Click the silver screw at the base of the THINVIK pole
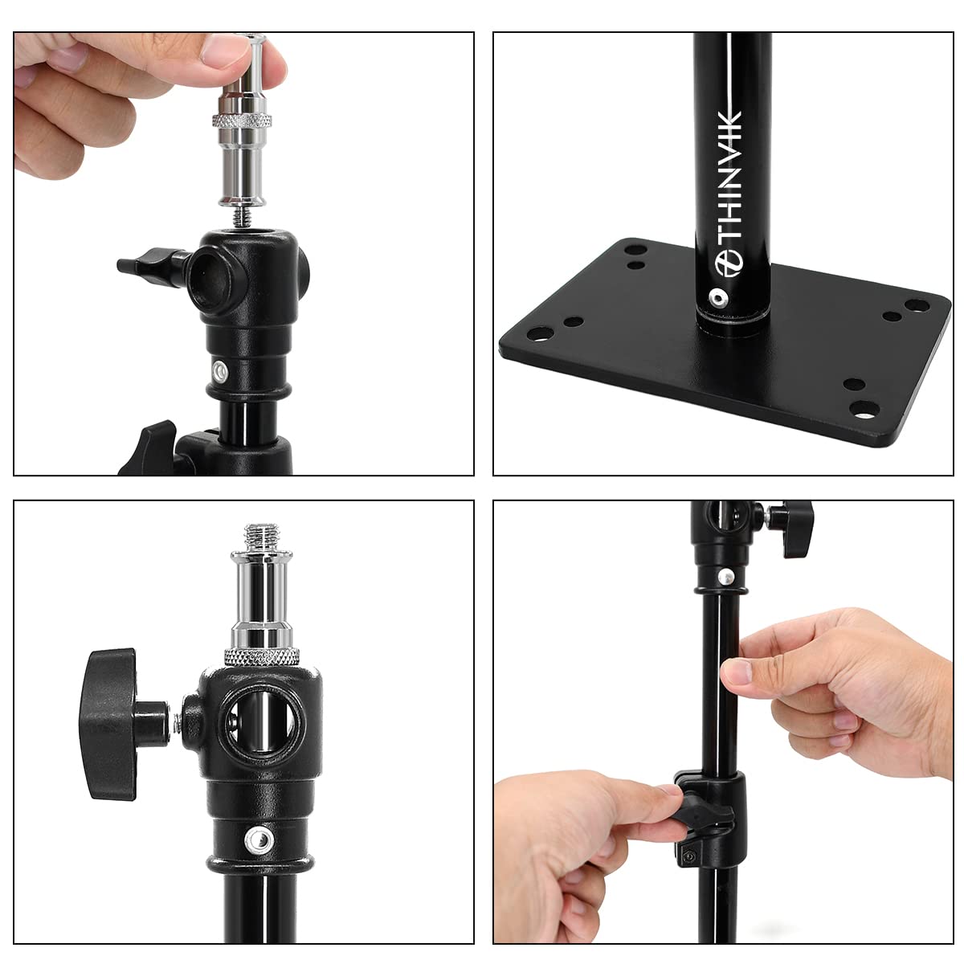tap(715, 298)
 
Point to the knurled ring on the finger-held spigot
tap(241, 121)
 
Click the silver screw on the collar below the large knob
tap(258, 839)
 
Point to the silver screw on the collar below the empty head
tap(219, 371)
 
